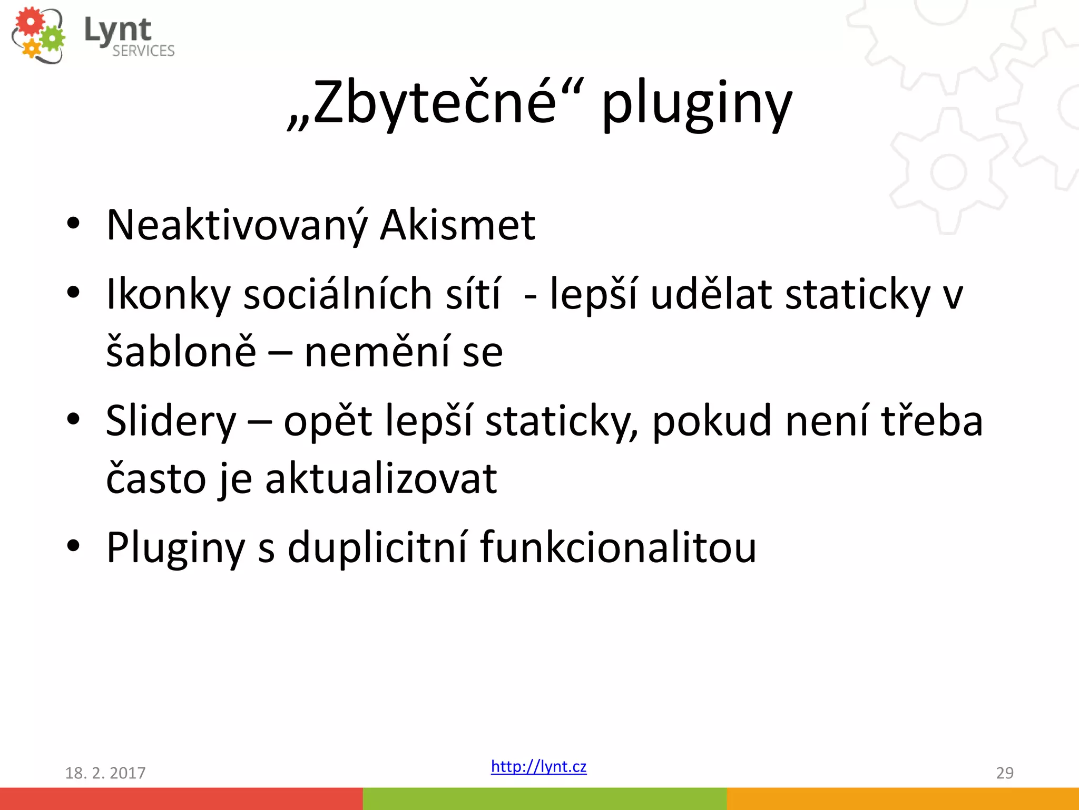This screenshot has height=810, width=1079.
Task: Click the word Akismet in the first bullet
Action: coord(457,225)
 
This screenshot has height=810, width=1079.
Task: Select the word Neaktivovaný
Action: coord(237,225)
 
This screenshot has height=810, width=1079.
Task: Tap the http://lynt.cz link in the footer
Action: coord(538,766)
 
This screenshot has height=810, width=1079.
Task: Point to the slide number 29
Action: coord(1004,773)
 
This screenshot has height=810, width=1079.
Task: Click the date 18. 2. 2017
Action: coord(105,773)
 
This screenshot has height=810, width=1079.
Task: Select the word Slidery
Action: coord(171,421)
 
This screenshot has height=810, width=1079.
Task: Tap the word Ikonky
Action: coord(168,294)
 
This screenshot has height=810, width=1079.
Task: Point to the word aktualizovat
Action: coord(380,478)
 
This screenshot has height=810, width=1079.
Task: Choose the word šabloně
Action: coord(181,352)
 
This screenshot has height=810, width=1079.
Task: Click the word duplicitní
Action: coord(377,547)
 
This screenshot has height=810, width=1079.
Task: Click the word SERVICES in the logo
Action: coord(143,51)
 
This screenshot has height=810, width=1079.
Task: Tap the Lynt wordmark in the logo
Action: coord(117,30)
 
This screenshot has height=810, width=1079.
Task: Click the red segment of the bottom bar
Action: coord(181,798)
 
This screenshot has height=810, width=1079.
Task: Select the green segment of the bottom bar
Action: coord(545,798)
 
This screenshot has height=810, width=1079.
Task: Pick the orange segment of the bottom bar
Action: coord(903,798)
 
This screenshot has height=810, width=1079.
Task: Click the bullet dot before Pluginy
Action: coord(73,546)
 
